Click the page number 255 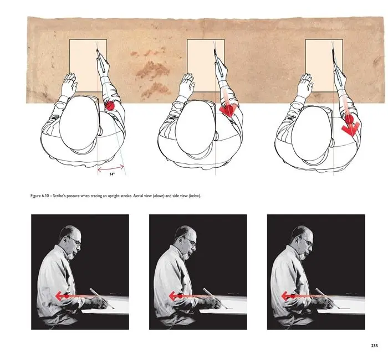click(374, 346)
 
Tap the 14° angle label click(112, 174)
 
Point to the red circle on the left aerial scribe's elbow click(110, 106)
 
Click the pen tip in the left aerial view click(97, 50)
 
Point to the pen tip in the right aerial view click(333, 50)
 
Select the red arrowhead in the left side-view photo click(59, 296)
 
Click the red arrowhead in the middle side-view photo click(172, 296)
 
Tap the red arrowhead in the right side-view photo click(285, 296)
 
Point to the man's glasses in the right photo click(306, 241)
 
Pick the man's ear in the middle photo click(181, 239)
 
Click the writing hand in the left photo click(99, 302)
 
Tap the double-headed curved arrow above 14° click(111, 168)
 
